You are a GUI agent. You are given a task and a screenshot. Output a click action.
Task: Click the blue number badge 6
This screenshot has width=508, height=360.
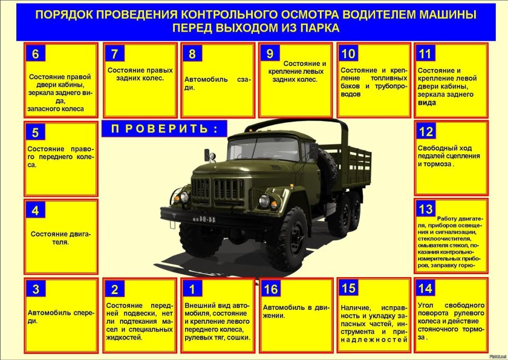tap(36, 54)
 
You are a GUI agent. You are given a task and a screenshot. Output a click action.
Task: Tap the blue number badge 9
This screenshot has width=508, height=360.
tap(270, 53)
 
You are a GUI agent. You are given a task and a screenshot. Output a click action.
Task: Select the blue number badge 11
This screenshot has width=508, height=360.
tap(425, 53)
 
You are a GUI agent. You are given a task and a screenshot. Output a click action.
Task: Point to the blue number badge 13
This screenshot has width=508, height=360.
tap(425, 209)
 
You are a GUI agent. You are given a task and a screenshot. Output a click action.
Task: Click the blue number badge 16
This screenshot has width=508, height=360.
tap(271, 289)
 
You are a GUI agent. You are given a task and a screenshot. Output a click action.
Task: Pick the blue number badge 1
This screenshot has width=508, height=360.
tap(192, 289)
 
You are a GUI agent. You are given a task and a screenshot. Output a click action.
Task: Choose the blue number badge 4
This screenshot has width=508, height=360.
tap(36, 211)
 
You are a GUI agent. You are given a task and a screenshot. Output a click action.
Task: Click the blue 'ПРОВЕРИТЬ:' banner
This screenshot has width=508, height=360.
tap(164, 128)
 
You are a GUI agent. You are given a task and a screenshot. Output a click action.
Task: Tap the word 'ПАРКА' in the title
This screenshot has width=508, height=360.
tap(318, 28)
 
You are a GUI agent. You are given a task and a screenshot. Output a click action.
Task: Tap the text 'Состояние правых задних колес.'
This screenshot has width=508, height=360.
tap(140, 74)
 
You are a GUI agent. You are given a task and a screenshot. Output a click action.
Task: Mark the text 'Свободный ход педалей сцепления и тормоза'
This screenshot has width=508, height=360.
tap(449, 156)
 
